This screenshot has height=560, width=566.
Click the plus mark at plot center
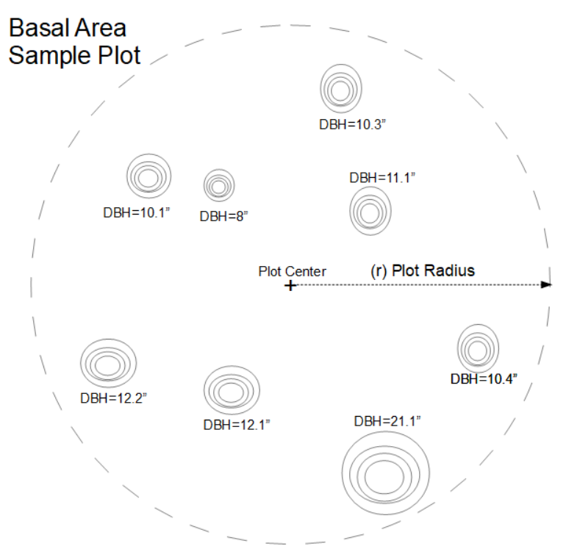click(x=290, y=285)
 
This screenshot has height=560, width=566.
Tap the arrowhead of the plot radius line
click(x=547, y=285)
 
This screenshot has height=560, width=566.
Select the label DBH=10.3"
click(x=353, y=124)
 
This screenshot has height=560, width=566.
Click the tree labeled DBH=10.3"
click(x=341, y=90)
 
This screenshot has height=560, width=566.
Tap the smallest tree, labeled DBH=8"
click(x=218, y=186)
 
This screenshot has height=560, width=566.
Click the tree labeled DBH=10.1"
click(x=148, y=176)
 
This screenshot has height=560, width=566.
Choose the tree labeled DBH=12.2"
click(x=108, y=364)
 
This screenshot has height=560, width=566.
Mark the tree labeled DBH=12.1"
click(x=231, y=390)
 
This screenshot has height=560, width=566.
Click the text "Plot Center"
click(x=292, y=271)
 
